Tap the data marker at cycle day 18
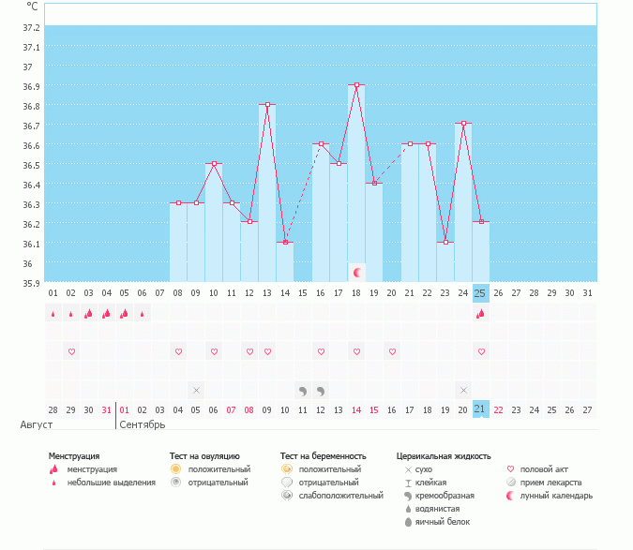356,84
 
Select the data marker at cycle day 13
267,105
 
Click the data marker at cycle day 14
285,242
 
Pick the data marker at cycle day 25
481,222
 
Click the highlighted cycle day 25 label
481,292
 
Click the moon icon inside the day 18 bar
356,272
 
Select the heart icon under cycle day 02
71,351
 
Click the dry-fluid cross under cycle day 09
196,390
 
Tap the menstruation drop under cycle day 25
481,314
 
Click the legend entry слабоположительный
339,495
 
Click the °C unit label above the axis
33,6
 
